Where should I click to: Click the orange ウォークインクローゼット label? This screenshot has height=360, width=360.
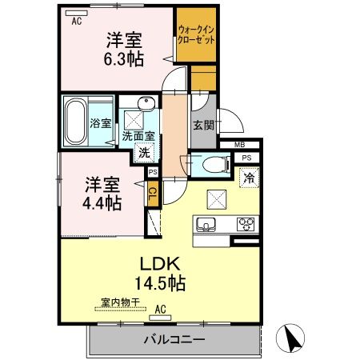click(197, 34)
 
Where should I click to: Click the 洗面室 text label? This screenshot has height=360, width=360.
click(138, 136)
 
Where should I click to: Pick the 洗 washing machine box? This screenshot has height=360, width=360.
click(144, 153)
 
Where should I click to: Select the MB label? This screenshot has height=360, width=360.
click(240, 144)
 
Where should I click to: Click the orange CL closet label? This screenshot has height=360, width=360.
click(151, 193)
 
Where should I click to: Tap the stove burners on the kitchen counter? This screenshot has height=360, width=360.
click(244, 223)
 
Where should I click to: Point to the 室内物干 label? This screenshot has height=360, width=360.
click(120, 302)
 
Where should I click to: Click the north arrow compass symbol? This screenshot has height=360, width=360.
click(293, 338)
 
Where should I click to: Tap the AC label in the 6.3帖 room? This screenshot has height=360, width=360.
click(77, 22)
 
